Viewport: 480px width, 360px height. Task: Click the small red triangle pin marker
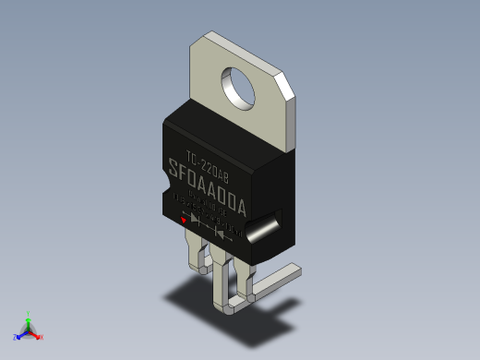tap(185, 220)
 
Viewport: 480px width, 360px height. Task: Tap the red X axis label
tap(41, 337)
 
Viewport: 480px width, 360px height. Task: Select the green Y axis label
tap(30, 314)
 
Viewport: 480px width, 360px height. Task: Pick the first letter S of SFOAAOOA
tap(174, 169)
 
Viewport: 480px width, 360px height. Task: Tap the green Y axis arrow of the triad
tap(29, 322)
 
